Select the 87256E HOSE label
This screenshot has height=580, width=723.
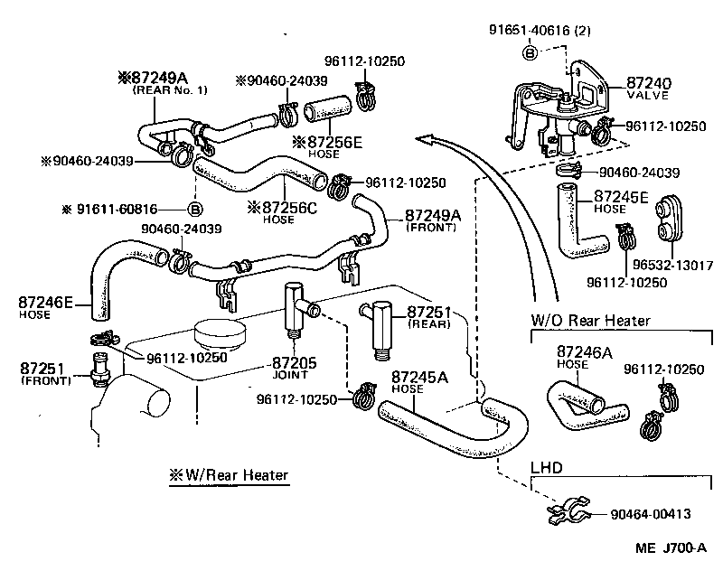(x=326, y=146)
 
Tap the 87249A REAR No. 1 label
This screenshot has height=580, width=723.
(x=169, y=84)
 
